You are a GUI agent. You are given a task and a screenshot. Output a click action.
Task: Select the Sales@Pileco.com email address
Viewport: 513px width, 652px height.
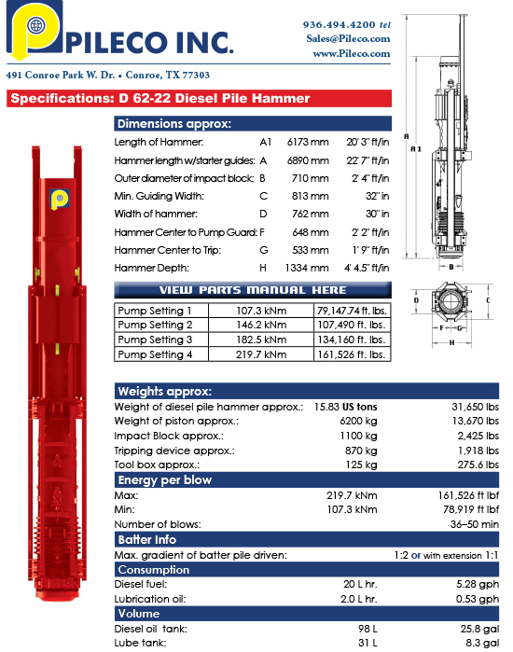(347, 38)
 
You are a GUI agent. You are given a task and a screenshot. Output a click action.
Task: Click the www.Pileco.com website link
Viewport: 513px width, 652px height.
(351, 53)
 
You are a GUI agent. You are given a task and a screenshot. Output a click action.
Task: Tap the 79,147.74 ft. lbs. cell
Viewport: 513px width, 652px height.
(352, 311)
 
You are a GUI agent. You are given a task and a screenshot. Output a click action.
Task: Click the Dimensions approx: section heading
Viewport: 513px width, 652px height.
(174, 124)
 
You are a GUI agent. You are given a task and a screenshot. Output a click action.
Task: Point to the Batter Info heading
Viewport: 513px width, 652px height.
(147, 540)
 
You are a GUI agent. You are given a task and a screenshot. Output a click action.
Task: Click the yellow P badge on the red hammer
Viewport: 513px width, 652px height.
(59, 199)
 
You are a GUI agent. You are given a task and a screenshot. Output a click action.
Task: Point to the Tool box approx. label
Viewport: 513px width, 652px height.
(157, 465)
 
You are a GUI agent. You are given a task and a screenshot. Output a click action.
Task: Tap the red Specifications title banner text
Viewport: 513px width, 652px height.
(159, 98)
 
